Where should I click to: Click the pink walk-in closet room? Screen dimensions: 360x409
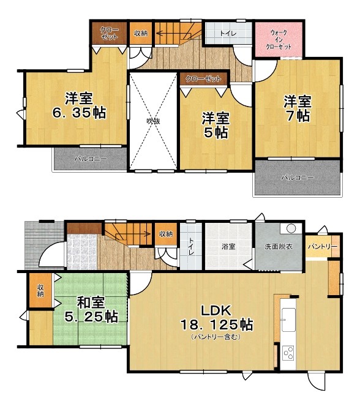[x=279, y=39]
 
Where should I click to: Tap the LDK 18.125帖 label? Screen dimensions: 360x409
[x=216, y=318]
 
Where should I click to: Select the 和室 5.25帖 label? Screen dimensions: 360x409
[x=91, y=309]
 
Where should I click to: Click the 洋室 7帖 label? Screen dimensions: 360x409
[x=298, y=108]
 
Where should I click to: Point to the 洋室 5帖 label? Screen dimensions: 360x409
[x=216, y=125]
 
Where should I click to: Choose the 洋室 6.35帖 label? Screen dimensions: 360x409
[x=80, y=105]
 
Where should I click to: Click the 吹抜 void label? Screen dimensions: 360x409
[x=153, y=121]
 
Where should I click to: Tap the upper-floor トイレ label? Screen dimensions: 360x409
[x=228, y=34]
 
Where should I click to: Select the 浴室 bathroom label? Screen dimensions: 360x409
[x=228, y=246]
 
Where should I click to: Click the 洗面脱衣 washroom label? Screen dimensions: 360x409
[x=279, y=247]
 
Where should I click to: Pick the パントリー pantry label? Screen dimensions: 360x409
[x=323, y=247]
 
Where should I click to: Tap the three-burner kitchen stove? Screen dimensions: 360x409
[x=288, y=353]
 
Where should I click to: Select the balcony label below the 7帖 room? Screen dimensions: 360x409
[x=297, y=178]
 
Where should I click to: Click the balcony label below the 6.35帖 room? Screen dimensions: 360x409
[x=91, y=159]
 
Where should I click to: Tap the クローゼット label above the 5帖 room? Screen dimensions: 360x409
[x=203, y=78]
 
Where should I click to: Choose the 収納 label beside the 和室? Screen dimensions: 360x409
[x=40, y=291]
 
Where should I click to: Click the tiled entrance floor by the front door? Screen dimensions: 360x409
[x=82, y=252]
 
